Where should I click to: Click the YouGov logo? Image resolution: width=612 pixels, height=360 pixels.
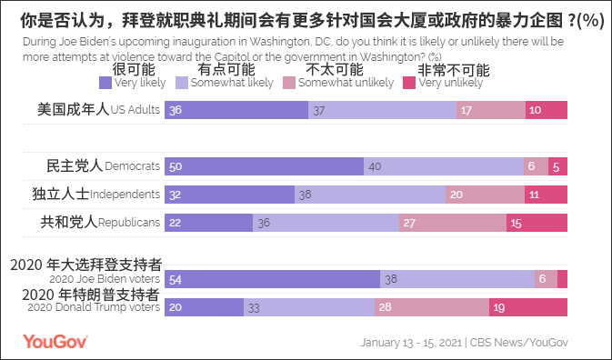[x=55, y=342]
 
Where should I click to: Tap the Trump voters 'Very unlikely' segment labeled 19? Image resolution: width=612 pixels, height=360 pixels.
[x=528, y=307]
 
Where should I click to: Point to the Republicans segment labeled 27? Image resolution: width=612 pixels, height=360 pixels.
[x=453, y=222]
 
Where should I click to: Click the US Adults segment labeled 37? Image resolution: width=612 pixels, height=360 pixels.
[x=382, y=110]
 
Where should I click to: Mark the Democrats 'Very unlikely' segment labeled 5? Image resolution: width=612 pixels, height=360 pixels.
[x=558, y=166]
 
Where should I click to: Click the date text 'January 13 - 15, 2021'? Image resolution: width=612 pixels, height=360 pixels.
[x=411, y=343]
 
